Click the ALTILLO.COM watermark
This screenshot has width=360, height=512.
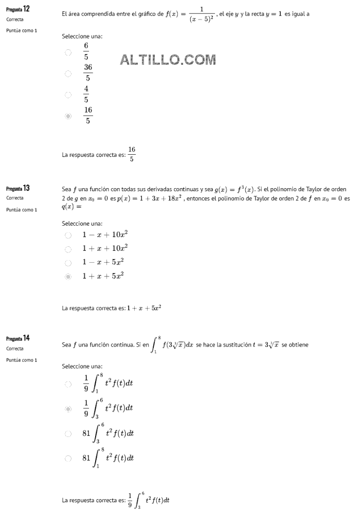168,60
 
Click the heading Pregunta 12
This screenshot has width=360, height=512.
18,9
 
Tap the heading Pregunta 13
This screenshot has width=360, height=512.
18,188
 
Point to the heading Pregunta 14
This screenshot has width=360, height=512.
18,338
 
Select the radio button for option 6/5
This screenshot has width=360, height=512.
68,52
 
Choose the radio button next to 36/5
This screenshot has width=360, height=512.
68,74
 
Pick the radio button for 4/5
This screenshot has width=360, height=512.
68,95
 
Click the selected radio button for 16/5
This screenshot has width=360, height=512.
68,116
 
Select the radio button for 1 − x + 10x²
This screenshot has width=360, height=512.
68,235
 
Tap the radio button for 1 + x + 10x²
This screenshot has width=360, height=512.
68,249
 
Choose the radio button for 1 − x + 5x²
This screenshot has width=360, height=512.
68,263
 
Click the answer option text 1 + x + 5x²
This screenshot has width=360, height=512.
103,276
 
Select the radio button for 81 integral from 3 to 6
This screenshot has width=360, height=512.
68,433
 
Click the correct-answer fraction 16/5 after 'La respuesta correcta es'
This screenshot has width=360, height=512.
132,154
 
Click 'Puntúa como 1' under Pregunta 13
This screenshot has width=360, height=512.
22,210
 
